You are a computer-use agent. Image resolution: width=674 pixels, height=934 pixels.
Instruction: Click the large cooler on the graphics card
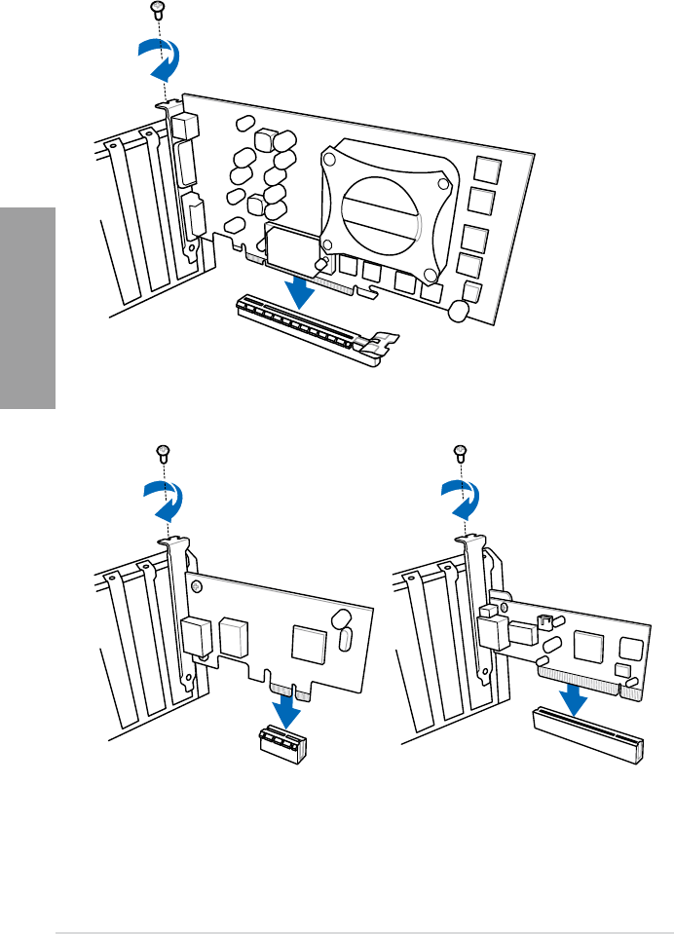[386, 202]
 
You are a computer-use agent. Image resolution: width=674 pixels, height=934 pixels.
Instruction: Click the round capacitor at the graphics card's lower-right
[458, 310]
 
